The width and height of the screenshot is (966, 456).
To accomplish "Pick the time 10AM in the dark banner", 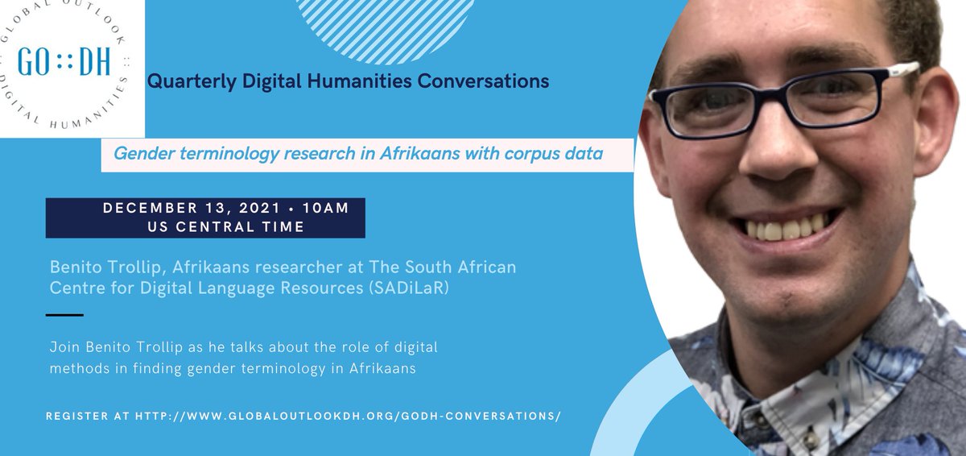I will (x=325, y=209).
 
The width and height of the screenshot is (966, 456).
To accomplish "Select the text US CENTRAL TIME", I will (x=204, y=227).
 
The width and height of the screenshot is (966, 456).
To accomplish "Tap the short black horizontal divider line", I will (x=64, y=314).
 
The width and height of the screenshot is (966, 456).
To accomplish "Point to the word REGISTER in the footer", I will (x=77, y=416).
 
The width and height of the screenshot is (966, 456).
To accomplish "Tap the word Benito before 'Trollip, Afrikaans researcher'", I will (x=72, y=266).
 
